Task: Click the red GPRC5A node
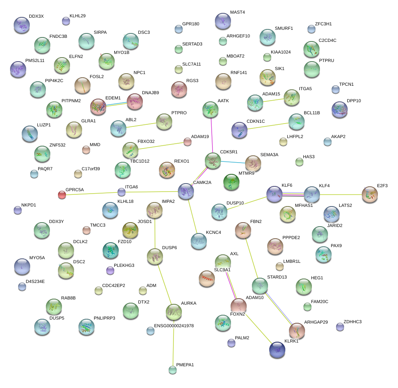(62, 195)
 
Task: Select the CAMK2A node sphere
(186, 191)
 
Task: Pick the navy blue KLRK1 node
(277, 350)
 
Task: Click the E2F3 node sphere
(369, 194)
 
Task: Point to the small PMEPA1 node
(173, 369)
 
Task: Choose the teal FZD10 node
(111, 250)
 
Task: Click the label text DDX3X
(36, 16)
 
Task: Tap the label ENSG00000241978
(174, 326)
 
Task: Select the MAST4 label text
(237, 12)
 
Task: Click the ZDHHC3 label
(353, 322)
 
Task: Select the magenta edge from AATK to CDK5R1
(212, 135)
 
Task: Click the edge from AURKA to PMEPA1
(173, 342)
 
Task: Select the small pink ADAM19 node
(188, 141)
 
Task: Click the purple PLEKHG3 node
(110, 270)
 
